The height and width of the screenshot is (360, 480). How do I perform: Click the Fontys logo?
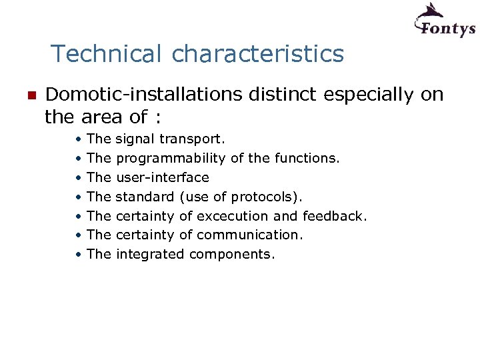[x=445, y=21]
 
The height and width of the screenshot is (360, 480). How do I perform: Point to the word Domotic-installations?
[x=144, y=95]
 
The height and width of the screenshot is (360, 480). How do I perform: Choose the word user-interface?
[x=163, y=177]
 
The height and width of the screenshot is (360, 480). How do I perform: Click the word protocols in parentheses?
[x=266, y=197]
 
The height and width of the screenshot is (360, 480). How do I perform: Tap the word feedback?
[x=334, y=216]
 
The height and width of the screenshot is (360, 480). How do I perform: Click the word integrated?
[x=151, y=254]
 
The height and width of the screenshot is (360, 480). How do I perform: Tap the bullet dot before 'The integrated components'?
[x=79, y=254]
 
